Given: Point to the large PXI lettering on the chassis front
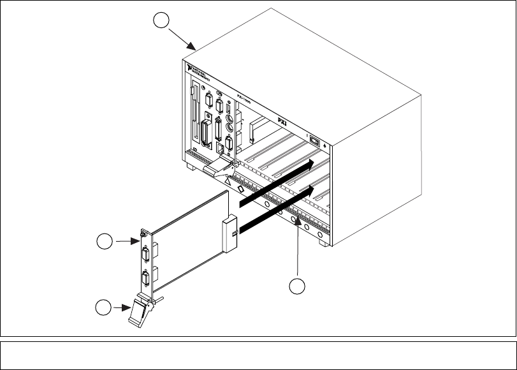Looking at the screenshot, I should [x=286, y=119].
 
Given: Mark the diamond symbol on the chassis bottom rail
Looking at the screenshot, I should [x=240, y=189].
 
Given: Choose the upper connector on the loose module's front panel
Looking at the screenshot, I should [x=145, y=256].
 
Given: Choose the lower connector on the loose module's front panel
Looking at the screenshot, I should [x=146, y=279].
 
